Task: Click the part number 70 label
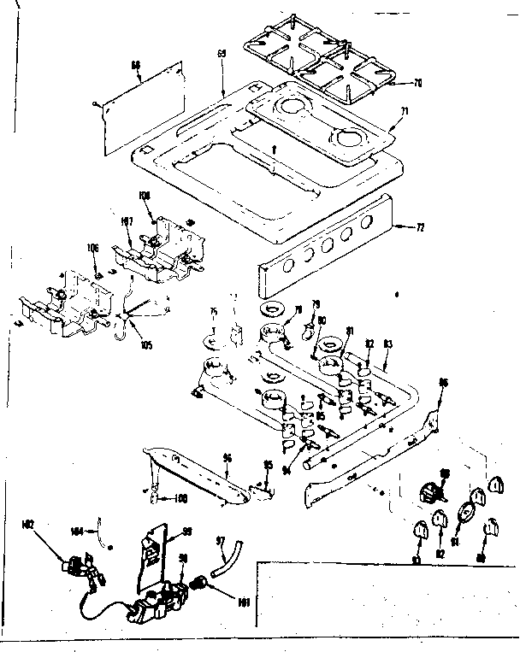tap(417, 83)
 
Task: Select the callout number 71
tap(405, 112)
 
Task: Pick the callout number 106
tap(92, 248)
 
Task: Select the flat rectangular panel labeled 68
tap(142, 107)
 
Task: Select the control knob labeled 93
tap(419, 532)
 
